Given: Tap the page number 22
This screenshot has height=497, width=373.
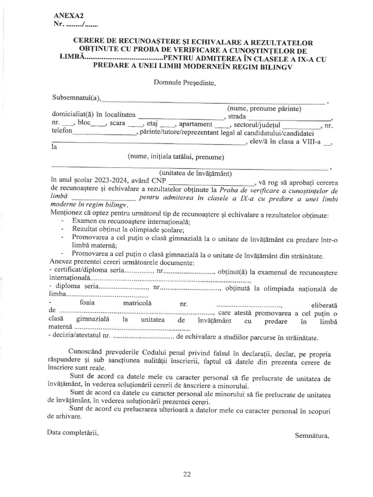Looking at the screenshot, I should (187, 475).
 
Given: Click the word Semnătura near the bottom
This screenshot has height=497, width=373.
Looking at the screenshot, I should (312, 435).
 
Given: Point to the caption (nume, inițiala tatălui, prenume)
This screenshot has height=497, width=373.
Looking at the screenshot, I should (175, 157).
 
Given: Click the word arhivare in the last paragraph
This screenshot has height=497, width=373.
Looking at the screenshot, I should (65, 416).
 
